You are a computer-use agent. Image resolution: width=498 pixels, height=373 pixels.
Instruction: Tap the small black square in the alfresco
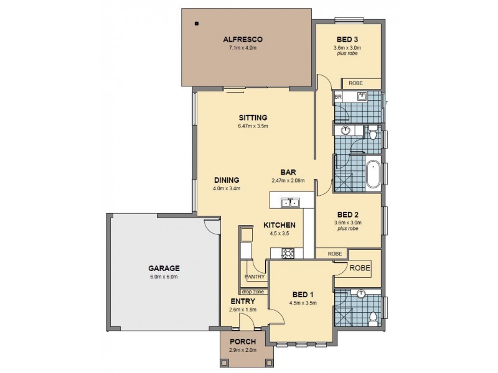[197, 24]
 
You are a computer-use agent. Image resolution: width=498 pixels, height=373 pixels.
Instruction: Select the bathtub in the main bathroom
[373, 175]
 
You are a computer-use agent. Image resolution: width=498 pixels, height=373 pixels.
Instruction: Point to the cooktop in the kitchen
[289, 253]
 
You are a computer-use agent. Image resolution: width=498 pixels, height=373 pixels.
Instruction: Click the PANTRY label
[255, 277]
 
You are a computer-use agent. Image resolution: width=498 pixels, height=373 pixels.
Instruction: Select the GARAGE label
[164, 268]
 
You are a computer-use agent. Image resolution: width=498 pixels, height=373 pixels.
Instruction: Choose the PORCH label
[243, 341]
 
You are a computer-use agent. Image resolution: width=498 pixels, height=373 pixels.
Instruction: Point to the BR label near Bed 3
[338, 98]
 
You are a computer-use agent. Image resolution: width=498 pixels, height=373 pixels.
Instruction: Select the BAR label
[287, 172]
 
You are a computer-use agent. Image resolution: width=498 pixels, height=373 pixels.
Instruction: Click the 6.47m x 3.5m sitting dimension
[252, 126]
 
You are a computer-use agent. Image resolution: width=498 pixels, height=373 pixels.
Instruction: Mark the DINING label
[226, 180]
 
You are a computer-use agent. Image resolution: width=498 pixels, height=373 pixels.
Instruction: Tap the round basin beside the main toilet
[346, 131]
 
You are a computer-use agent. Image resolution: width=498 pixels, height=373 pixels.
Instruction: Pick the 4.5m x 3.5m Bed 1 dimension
[304, 303]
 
